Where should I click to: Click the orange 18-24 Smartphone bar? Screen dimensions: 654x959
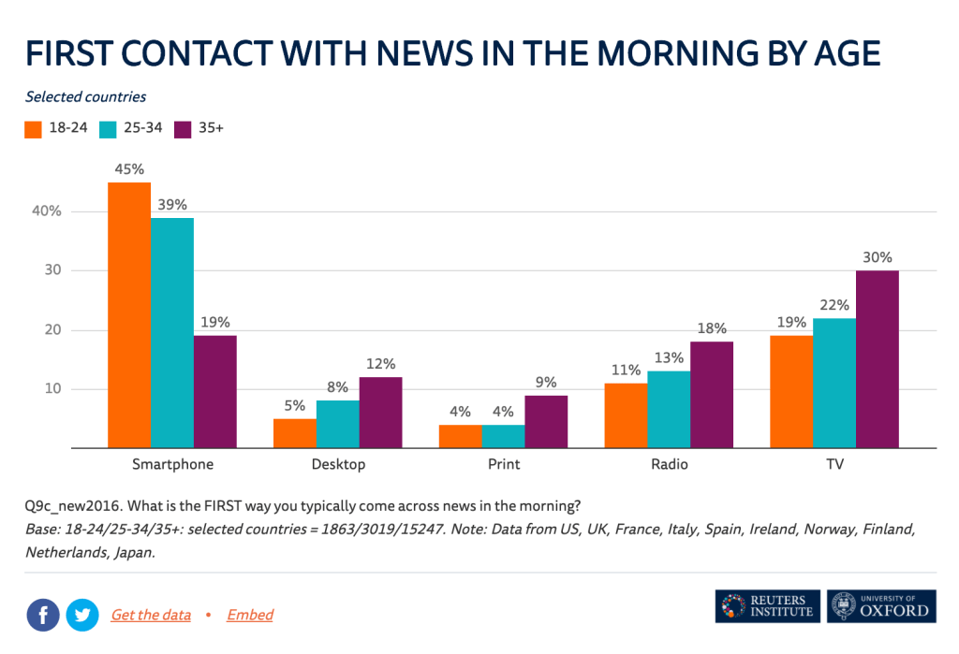tap(129, 315)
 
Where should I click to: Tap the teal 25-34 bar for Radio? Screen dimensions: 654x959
tap(669, 410)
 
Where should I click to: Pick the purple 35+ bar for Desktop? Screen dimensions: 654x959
tap(380, 413)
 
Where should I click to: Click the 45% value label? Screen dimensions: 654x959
tap(129, 169)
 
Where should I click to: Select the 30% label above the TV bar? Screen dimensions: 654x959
tap(878, 257)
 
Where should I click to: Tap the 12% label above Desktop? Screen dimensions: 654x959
tap(380, 364)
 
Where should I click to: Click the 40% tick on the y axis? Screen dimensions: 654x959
tap(46, 211)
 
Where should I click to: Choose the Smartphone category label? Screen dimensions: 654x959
tap(172, 464)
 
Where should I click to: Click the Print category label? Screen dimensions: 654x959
tap(504, 464)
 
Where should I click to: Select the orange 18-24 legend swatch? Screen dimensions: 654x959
tap(34, 128)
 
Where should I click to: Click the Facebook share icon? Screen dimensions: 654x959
tap(43, 615)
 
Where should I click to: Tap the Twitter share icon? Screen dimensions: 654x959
tap(82, 615)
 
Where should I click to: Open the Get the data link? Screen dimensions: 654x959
tap(151, 615)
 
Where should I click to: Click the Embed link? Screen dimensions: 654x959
tap(250, 615)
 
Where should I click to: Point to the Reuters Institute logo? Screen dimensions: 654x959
tap(767, 606)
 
